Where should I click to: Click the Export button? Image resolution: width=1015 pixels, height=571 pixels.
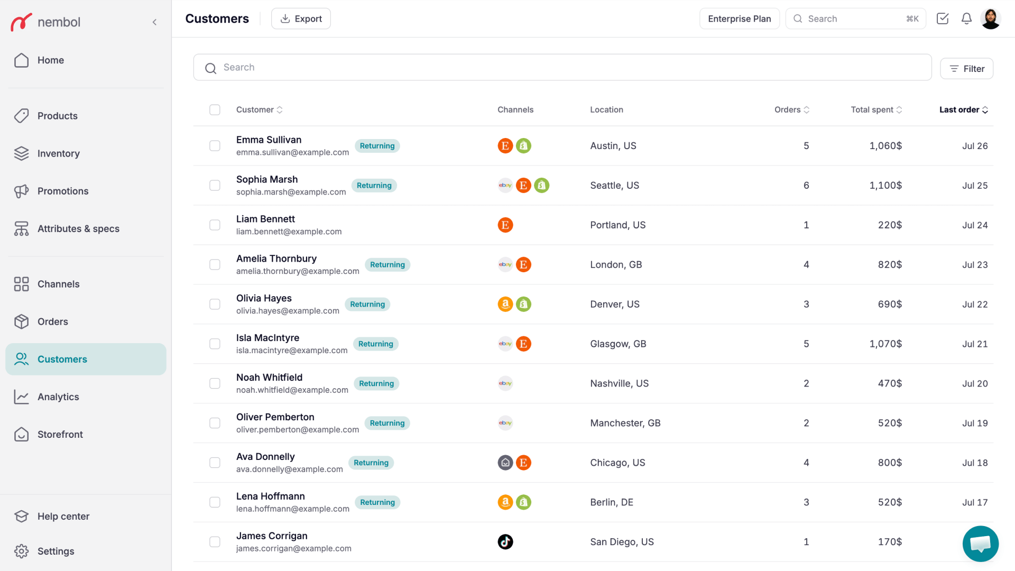[x=301, y=19]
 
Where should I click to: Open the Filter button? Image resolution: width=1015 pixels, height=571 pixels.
[x=966, y=69]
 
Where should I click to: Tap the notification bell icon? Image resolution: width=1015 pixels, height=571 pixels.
[x=966, y=19]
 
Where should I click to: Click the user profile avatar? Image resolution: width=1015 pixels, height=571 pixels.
[x=991, y=19]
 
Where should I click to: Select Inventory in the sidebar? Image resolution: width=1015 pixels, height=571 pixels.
[x=58, y=153]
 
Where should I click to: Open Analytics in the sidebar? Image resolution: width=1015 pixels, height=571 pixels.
[x=58, y=397]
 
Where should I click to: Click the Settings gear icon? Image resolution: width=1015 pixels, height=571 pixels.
[x=21, y=551]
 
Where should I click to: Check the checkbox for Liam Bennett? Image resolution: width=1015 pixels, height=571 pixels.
[x=215, y=225]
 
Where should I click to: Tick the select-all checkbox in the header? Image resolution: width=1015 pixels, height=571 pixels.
[x=215, y=109]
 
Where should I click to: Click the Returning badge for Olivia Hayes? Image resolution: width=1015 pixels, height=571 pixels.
[x=367, y=304]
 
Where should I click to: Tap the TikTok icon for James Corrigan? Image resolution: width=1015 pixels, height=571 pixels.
[x=505, y=541]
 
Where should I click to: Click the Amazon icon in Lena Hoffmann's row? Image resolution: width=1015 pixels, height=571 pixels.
[x=505, y=502]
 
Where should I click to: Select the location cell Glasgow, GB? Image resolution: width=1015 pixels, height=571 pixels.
[x=618, y=344]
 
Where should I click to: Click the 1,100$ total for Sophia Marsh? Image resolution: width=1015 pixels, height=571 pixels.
[x=885, y=185]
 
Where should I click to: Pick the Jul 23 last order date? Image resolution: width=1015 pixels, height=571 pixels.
[x=975, y=264]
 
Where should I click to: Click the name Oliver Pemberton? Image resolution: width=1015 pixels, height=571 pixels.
[x=275, y=417]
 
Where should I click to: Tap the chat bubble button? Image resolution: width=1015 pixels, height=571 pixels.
[x=981, y=544]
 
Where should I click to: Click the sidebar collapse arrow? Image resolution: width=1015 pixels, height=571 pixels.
[x=154, y=22]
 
